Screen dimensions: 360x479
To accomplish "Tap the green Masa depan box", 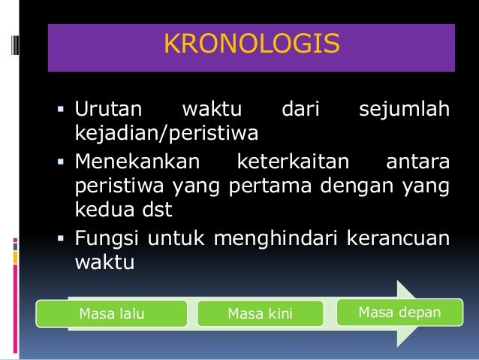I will (x=399, y=311).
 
